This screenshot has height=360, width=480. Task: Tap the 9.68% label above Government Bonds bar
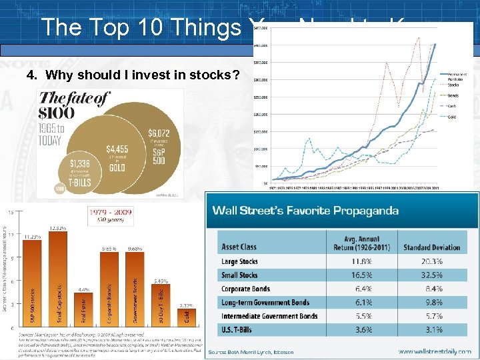pyautogui.click(x=137, y=249)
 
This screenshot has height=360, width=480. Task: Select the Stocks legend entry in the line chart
pyautogui.click(x=453, y=85)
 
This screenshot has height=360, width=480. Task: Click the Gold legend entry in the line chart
pyautogui.click(x=453, y=117)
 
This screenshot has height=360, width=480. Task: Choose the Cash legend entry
pyautogui.click(x=453, y=106)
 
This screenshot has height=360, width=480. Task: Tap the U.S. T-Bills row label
pyautogui.click(x=241, y=329)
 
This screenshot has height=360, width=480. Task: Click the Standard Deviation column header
pyautogui.click(x=431, y=247)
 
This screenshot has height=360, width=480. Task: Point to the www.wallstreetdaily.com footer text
pyautogui.click(x=435, y=351)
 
